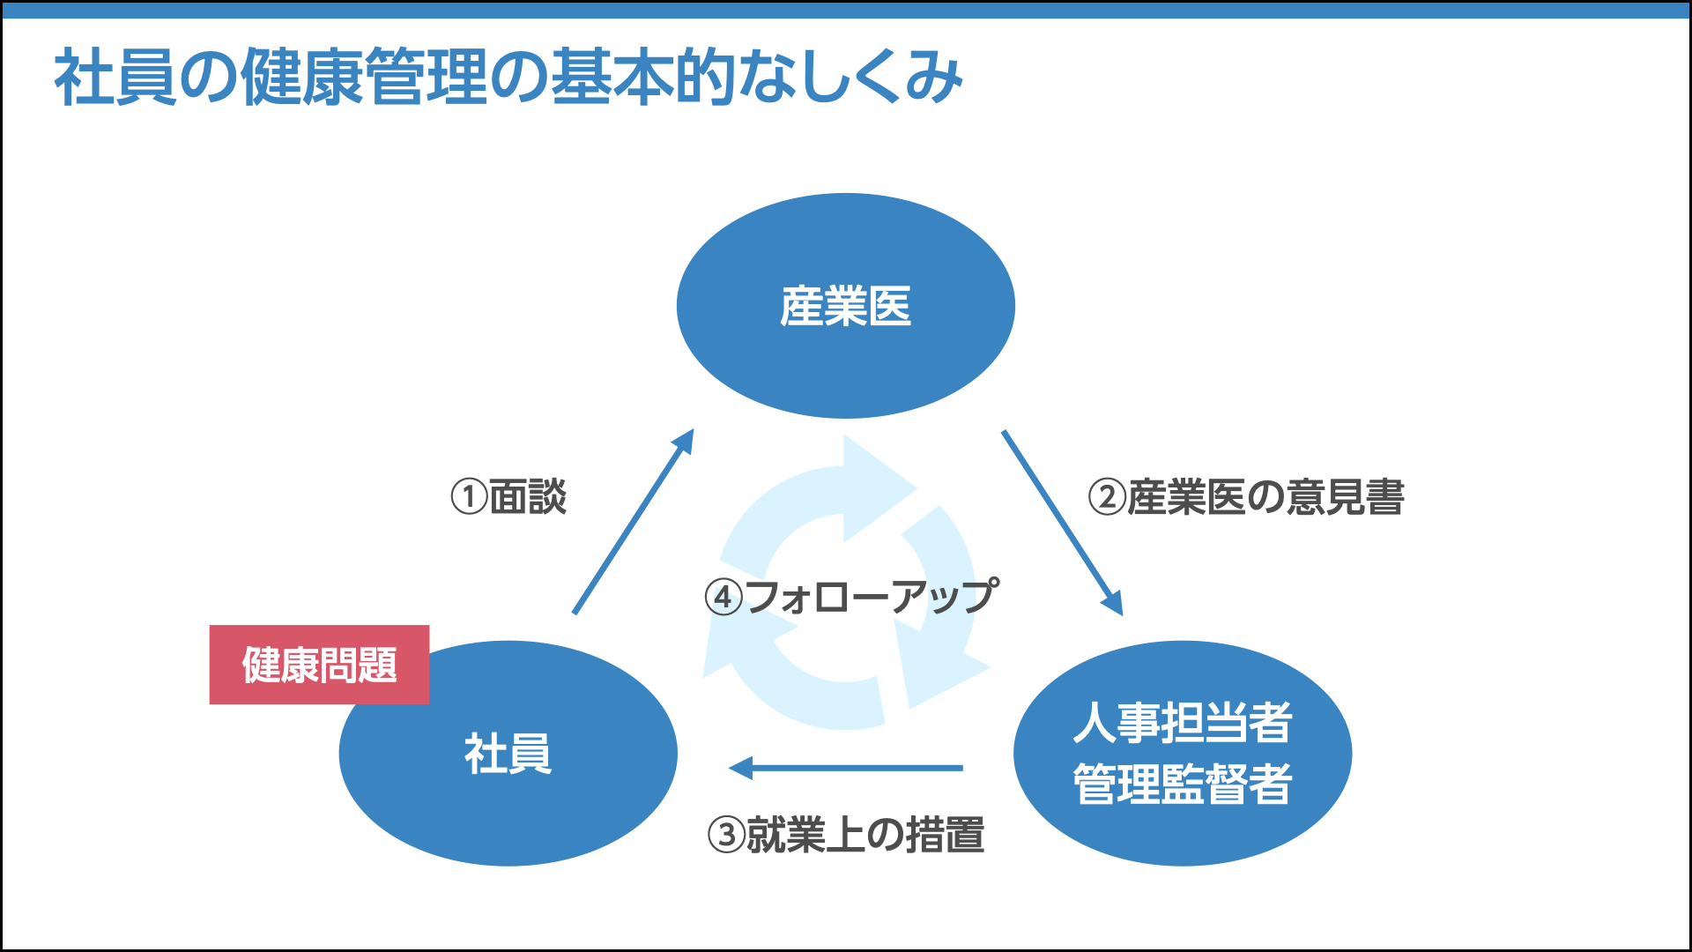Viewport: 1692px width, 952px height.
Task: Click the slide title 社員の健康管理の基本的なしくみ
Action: pyautogui.click(x=508, y=78)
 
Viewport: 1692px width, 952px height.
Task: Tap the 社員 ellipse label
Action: pyautogui.click(x=508, y=755)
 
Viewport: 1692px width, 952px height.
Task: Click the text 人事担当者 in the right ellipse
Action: pyautogui.click(x=1182, y=723)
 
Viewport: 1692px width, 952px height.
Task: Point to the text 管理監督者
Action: pyautogui.click(x=1182, y=784)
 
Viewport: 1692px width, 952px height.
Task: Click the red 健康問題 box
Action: pyautogui.click(x=319, y=665)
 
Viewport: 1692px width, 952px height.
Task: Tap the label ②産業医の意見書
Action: pyautogui.click(x=1246, y=496)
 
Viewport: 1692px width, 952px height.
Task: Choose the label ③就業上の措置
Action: pyautogui.click(x=846, y=834)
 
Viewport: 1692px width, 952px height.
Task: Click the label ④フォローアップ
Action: pyautogui.click(x=852, y=597)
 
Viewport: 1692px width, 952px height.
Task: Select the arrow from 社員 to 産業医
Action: pyautogui.click(x=633, y=523)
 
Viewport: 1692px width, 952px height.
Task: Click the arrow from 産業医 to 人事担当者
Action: pyautogui.click(x=1062, y=523)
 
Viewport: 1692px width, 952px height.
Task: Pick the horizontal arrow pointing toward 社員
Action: pyautogui.click(x=846, y=768)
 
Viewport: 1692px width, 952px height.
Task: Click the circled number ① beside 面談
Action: pyautogui.click(x=469, y=496)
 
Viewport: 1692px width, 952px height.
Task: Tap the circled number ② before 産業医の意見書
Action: pyautogui.click(x=1107, y=496)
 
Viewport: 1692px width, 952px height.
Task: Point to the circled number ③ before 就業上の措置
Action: pyautogui.click(x=726, y=834)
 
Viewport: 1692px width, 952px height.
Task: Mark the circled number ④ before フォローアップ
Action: pyautogui.click(x=724, y=597)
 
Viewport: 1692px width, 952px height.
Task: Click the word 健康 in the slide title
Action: pyautogui.click(x=301, y=78)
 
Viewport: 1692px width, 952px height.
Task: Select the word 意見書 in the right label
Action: pyautogui.click(x=1345, y=496)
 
